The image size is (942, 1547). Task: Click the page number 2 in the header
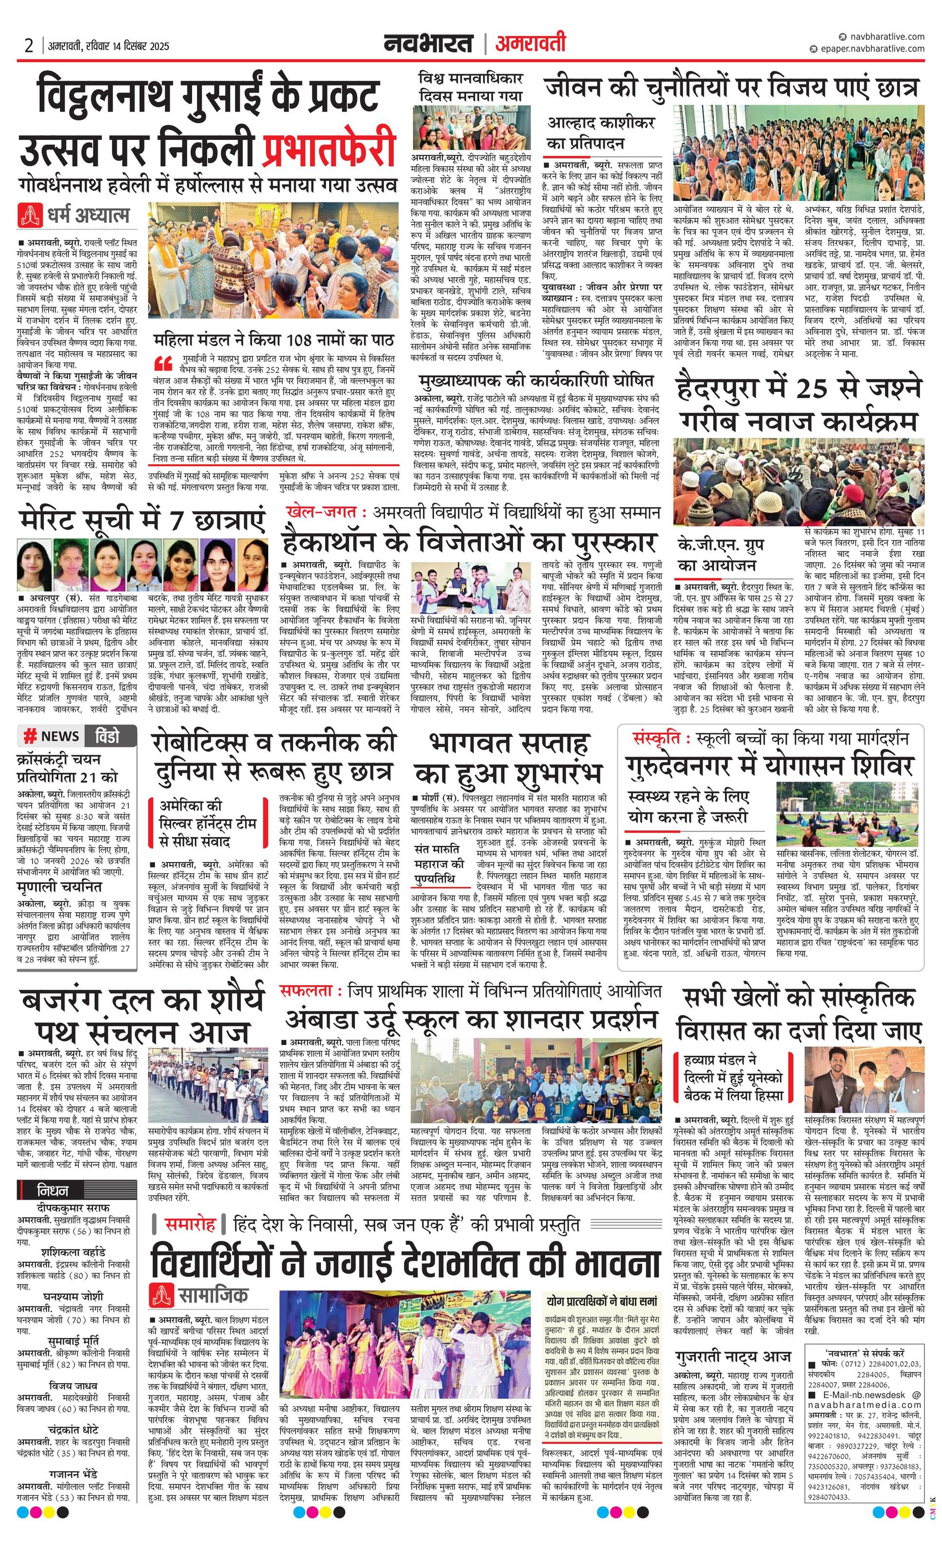[x=28, y=45]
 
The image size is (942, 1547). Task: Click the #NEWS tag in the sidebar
[x=52, y=736]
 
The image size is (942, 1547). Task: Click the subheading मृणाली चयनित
[x=59, y=886]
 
